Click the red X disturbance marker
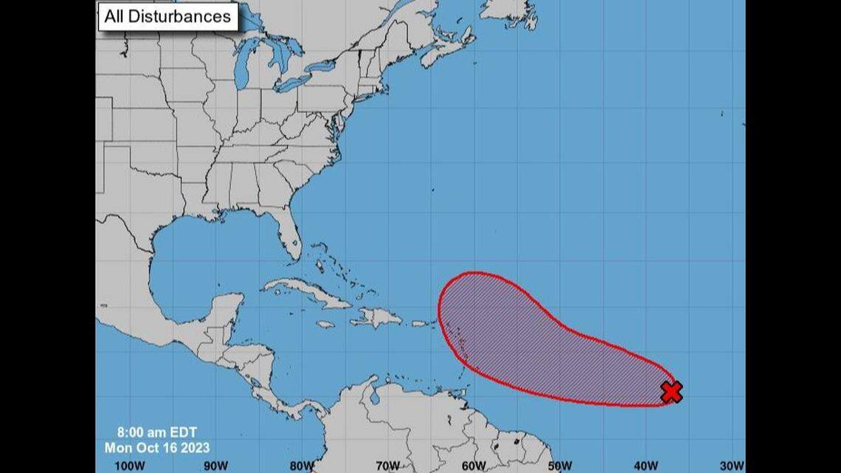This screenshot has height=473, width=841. point(671,392)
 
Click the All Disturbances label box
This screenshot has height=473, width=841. point(168,16)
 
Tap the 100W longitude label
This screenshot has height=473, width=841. point(130,465)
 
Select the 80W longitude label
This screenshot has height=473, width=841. point(302,465)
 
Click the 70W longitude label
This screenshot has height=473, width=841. point(388,465)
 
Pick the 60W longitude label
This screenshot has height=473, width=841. point(474,465)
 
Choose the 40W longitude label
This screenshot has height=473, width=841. point(646,465)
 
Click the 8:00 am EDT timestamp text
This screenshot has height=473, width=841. point(156,434)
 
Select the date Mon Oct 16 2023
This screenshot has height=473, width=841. point(156,448)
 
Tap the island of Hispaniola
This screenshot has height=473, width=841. point(376,318)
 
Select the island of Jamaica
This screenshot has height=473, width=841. point(325,324)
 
